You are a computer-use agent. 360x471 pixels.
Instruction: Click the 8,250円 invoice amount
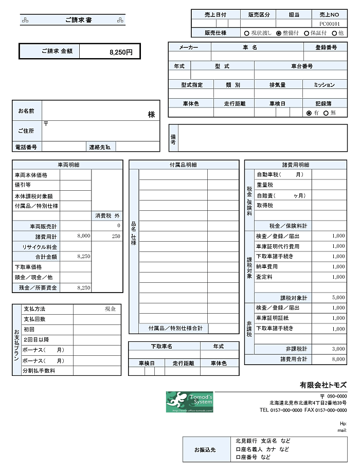[x=121, y=52]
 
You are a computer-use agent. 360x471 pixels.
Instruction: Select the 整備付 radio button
[x=279, y=33]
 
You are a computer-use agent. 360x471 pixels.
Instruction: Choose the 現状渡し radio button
[x=246, y=33]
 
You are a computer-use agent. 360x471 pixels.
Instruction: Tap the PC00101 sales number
[x=329, y=24]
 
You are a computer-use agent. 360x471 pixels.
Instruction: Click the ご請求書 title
[x=79, y=20]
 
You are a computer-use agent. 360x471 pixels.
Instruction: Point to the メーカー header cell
[x=189, y=47]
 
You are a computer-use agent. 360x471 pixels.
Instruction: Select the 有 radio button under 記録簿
[x=309, y=113]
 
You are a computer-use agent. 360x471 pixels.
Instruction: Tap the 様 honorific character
[x=151, y=115]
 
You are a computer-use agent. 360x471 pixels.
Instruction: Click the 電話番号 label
[x=26, y=147]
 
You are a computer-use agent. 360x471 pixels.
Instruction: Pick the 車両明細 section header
[x=68, y=165]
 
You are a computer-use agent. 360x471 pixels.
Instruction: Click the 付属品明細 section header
[x=184, y=165]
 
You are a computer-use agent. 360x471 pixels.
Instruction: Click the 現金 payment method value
[x=110, y=309]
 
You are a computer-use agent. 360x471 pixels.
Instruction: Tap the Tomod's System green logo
[x=189, y=402]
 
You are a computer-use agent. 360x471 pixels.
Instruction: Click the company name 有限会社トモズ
[x=323, y=385]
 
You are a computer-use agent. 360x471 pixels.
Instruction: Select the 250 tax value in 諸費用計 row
[x=116, y=236]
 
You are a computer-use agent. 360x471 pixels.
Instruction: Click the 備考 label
[x=173, y=138]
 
